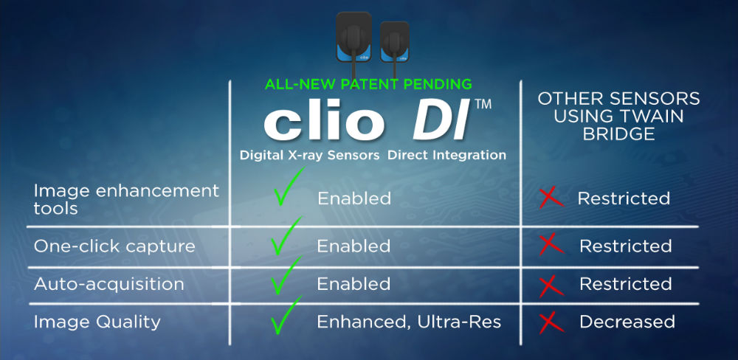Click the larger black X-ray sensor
coord(354,37)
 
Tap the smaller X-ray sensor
coord(394,41)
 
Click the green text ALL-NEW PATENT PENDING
coord(368,84)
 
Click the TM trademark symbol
coord(483,105)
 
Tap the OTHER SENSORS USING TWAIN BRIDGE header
coord(618,117)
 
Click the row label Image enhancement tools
coord(126,199)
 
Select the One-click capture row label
coord(114,246)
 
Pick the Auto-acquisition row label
coord(108,284)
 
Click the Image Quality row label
coord(97,322)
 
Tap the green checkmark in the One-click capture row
coord(286,237)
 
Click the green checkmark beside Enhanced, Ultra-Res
coord(286,315)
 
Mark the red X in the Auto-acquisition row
coord(551,285)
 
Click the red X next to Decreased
coord(551,322)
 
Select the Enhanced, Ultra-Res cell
coord(409,322)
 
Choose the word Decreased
coord(627,322)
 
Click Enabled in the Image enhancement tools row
coord(354,198)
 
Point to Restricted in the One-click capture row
coord(626,246)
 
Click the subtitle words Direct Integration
coord(446,156)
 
